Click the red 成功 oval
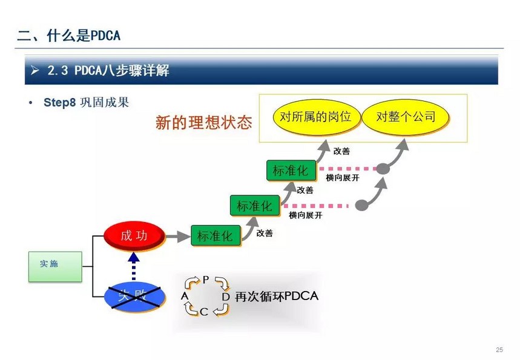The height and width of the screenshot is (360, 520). (134, 236)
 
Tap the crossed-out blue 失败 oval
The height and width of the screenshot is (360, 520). (135, 296)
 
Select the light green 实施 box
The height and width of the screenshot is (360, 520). (55, 266)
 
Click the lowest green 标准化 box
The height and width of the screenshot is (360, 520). (216, 236)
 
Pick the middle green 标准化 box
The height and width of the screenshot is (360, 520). (255, 206)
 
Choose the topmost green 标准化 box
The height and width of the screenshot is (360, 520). (291, 171)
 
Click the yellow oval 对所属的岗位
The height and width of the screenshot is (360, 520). (316, 117)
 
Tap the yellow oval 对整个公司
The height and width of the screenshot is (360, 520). (405, 117)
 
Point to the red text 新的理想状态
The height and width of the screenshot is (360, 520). (203, 123)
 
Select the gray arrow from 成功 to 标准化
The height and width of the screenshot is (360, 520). (178, 237)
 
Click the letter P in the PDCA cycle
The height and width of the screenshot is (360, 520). (206, 280)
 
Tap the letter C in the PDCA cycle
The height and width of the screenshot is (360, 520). (204, 312)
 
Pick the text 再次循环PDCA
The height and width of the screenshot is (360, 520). (277, 296)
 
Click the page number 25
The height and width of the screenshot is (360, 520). (499, 349)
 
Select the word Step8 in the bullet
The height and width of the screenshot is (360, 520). (60, 102)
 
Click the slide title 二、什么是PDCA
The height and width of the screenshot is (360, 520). (68, 36)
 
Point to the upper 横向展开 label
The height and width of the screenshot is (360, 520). (343, 178)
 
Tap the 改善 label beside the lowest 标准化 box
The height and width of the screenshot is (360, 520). (265, 234)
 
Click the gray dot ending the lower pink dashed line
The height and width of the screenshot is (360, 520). (362, 205)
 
